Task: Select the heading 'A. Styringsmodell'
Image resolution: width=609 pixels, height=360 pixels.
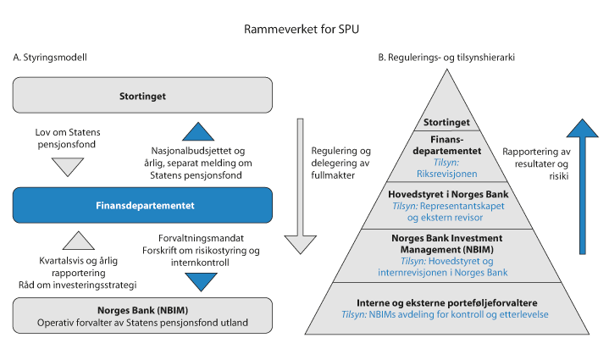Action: [x=51, y=58]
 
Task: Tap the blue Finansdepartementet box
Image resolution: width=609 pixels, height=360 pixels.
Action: [x=142, y=205]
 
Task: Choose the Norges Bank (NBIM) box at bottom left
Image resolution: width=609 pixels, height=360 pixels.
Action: [x=142, y=315]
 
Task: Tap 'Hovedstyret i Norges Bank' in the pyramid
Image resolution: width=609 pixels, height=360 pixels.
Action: [x=446, y=191]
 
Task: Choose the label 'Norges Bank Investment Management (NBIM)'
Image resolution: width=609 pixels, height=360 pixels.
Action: [x=446, y=244]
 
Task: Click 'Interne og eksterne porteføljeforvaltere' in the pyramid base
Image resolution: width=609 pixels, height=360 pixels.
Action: [x=446, y=302]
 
